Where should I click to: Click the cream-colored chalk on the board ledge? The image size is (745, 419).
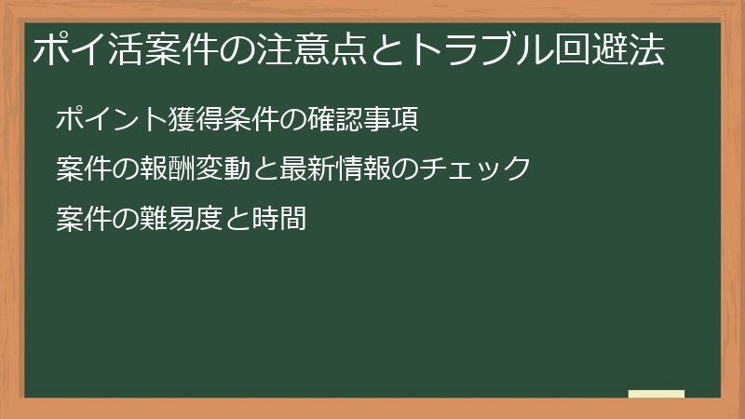click(x=656, y=395)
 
